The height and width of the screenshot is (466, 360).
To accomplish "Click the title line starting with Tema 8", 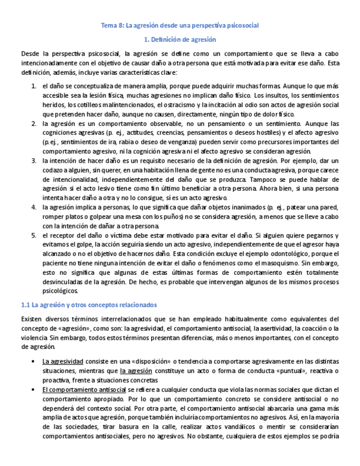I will coord(180,25).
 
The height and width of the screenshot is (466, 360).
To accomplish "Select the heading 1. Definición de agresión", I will coord(180,40).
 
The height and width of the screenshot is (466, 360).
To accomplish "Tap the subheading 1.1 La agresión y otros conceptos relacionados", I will coord(88,304).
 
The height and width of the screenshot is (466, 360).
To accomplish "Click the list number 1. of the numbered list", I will coord(34,86).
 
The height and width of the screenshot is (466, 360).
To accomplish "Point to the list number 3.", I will coord(34,160).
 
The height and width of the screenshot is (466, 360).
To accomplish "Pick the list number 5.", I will coord(34,235).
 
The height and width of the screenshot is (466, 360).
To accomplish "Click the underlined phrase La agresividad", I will coord(63,362).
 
